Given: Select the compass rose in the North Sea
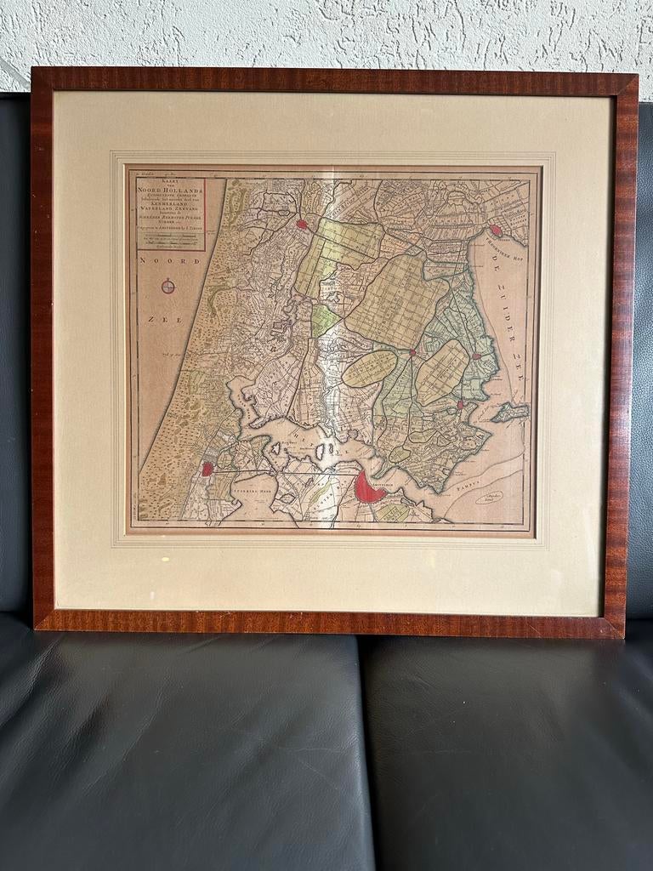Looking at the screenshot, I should coord(168,287).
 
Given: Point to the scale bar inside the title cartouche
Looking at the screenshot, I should coord(166,241).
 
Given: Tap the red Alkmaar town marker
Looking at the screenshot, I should coord(302,225).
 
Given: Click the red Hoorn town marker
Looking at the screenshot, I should coord(496,231).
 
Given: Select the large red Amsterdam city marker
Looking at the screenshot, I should coord(368,488).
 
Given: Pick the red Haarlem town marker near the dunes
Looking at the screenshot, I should coord(207,469).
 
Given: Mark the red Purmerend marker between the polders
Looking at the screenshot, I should coord(412,352).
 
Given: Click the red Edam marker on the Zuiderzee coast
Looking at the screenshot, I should coord(476,356).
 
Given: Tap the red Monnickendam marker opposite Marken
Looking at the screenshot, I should coord(460,405).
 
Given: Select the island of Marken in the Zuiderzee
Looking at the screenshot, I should coord(510,413).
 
